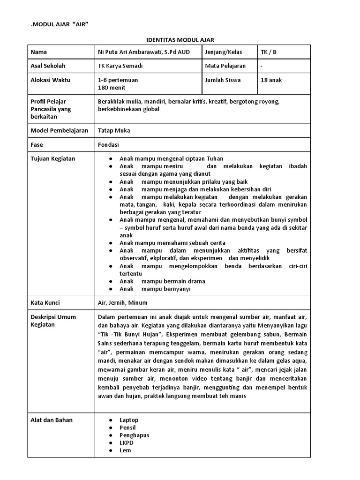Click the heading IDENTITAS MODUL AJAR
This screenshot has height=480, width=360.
click(x=180, y=40)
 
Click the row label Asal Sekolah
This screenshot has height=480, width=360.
click(x=48, y=66)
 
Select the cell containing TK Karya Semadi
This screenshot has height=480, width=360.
click(x=120, y=66)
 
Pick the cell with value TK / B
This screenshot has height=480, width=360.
click(x=269, y=52)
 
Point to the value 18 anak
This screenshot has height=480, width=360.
click(x=271, y=80)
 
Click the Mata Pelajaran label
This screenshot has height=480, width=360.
click(x=225, y=66)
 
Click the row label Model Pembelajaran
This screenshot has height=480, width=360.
click(x=59, y=131)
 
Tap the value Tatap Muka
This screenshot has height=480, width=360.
click(x=114, y=131)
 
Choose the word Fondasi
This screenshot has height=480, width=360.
click(x=109, y=145)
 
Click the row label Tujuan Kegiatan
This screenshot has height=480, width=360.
click(x=53, y=159)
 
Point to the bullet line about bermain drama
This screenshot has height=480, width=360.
click(x=162, y=281)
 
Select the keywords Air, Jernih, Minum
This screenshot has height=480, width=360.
click(x=123, y=303)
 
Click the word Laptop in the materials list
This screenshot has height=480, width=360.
click(x=129, y=420)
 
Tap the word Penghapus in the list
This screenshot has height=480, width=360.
click(x=134, y=435)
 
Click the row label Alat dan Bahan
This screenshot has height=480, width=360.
click(x=52, y=420)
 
